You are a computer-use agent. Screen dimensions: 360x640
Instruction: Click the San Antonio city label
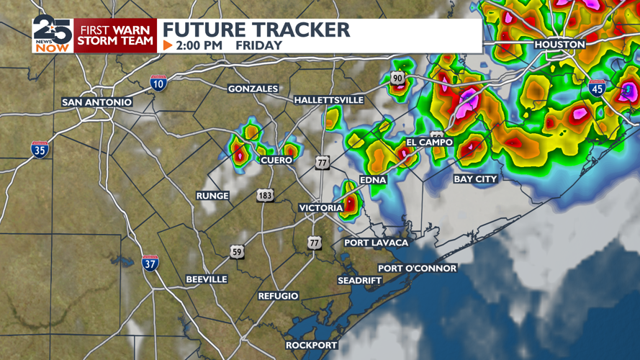97,102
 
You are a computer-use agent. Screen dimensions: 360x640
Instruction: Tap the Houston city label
559,45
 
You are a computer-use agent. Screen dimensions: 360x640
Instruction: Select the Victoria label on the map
321,208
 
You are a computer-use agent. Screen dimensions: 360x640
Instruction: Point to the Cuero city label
276,160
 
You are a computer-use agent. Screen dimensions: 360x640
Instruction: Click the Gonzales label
253,89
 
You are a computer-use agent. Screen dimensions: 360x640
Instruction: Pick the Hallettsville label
329,100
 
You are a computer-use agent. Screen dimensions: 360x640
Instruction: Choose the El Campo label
429,143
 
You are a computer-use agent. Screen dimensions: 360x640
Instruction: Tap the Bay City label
475,179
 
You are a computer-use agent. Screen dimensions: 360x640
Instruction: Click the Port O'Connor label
418,269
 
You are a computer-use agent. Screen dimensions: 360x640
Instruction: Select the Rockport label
312,346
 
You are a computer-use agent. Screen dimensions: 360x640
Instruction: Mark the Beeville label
207,279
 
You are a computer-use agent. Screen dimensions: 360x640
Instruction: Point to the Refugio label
279,296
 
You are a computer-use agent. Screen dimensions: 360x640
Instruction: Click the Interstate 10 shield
158,83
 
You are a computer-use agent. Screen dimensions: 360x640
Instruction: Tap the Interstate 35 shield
40,150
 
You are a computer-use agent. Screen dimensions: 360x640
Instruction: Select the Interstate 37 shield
150,263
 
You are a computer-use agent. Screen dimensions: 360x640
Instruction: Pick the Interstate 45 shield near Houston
597,88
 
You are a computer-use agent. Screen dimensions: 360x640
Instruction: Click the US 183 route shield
266,195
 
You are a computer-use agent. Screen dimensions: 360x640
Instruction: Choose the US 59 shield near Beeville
237,252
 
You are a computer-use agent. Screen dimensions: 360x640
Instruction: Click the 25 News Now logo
53,34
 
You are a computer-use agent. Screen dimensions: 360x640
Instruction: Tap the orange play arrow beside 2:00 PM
168,45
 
